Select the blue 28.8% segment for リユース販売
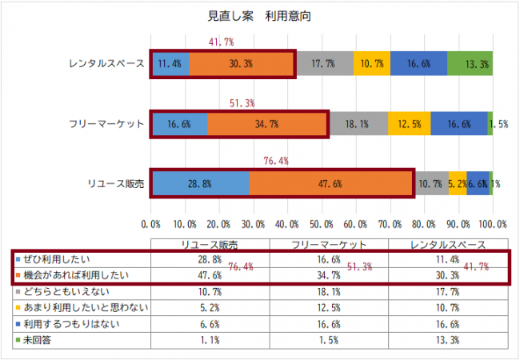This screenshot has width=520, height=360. coord(200,183)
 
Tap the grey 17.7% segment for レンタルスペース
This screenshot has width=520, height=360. coord(324,63)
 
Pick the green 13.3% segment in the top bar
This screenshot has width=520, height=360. coord(470,63)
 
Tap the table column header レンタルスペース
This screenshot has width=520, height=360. coord(447,243)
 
